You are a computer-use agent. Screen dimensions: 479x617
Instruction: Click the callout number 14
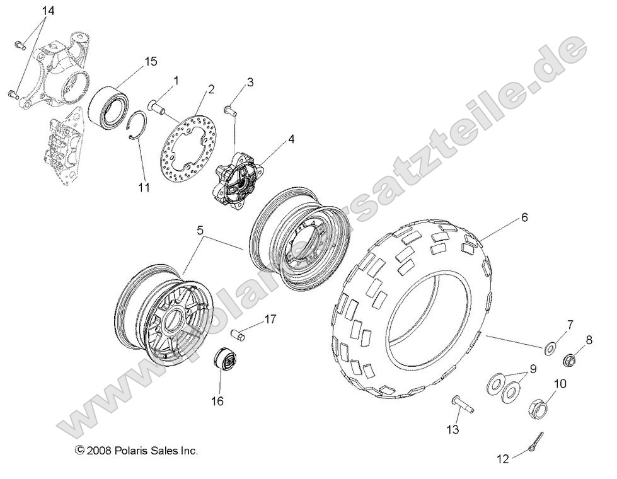(x=49, y=11)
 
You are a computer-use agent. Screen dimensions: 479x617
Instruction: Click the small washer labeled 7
(x=550, y=347)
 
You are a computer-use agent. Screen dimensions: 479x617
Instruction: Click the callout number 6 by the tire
(x=524, y=217)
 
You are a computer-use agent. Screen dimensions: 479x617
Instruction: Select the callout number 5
(x=200, y=231)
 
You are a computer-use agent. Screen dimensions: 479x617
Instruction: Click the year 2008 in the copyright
(x=99, y=451)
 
